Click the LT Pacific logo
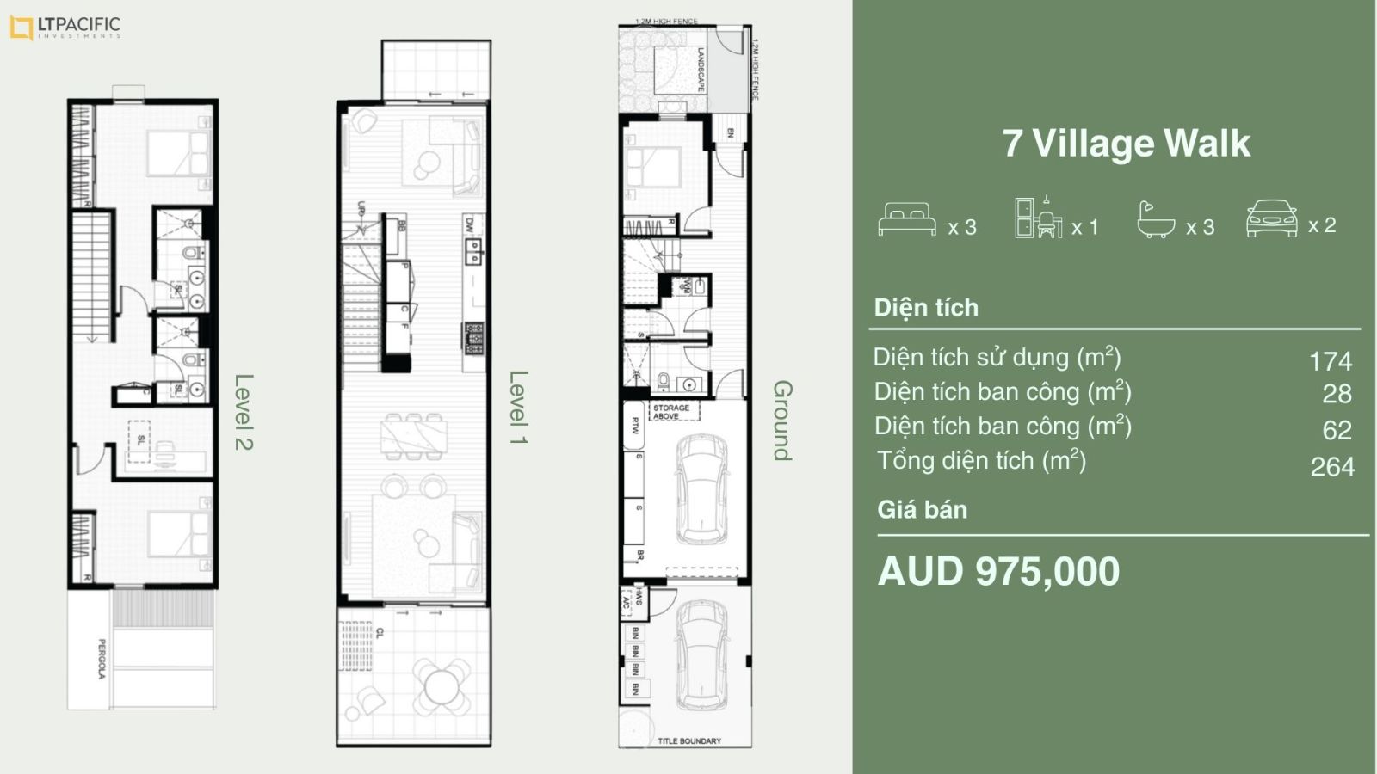click(x=65, y=28)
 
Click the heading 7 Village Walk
click(x=1126, y=144)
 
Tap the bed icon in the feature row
click(x=906, y=219)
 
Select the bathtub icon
click(x=1155, y=220)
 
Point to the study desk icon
click(x=1038, y=218)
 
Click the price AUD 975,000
click(x=998, y=571)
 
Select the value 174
click(x=1331, y=360)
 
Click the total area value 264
click(x=1332, y=466)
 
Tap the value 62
click(x=1337, y=429)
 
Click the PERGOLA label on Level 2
click(x=102, y=659)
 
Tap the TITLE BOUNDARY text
click(x=688, y=740)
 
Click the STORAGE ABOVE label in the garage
click(x=671, y=412)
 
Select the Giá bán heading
click(x=922, y=510)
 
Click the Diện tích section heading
click(x=926, y=308)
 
